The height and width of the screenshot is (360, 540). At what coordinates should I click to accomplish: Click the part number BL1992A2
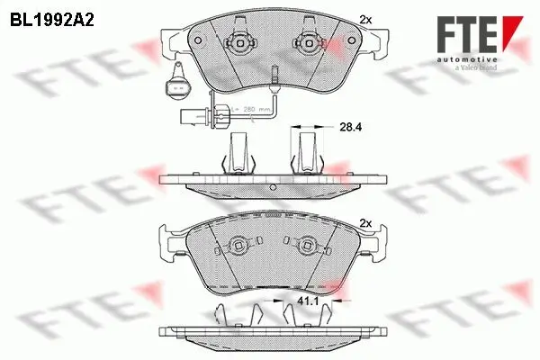[x=52, y=17]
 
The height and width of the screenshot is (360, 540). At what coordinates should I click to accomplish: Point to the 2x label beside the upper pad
[x=364, y=18]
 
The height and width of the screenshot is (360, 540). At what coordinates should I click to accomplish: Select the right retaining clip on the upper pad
[x=304, y=42]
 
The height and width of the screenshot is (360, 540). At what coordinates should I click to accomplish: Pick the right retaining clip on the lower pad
[x=303, y=243]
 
